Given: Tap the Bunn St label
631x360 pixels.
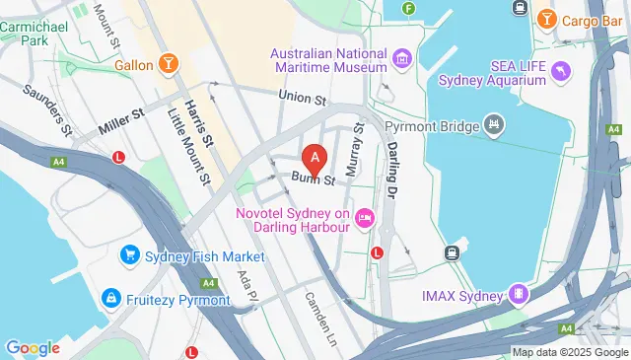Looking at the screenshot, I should pos(314,180).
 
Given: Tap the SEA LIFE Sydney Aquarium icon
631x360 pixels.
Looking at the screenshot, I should pos(560,70).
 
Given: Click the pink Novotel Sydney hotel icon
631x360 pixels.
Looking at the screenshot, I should pos(365,216).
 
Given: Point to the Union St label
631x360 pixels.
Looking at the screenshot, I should pos(302,98).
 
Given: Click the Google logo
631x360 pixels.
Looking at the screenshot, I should pos(33,347).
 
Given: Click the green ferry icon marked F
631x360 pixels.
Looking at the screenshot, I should pos(408,9).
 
